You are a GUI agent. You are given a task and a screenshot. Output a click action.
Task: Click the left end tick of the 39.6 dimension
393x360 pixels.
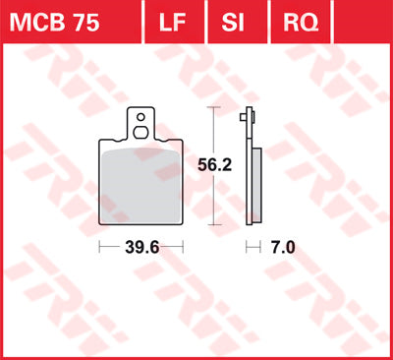[x=100, y=248]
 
